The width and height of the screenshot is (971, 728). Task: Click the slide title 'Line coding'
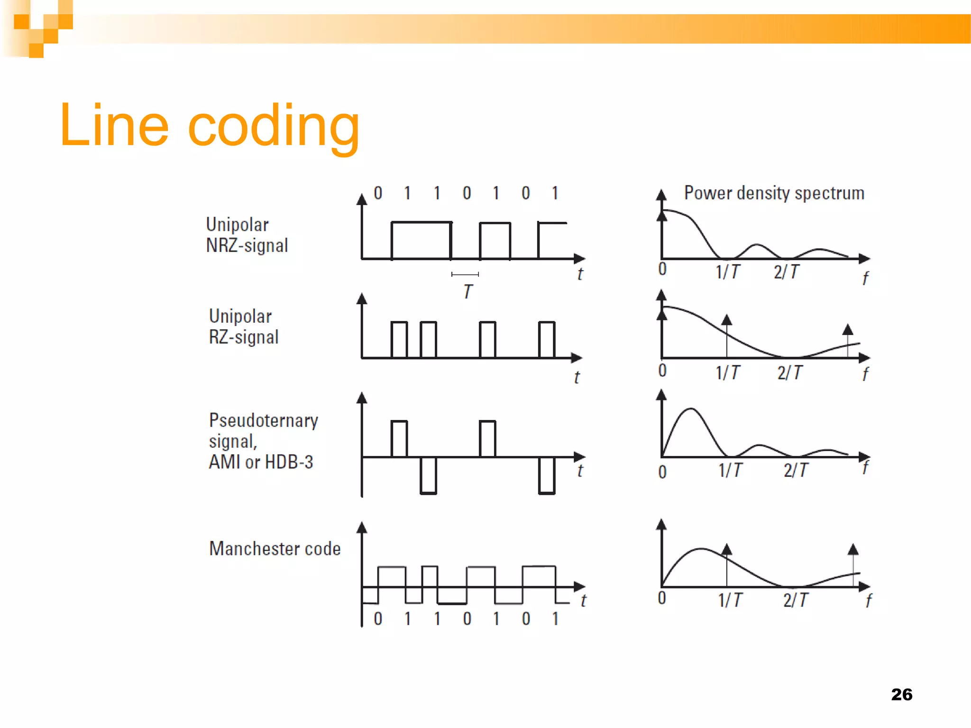pyautogui.click(x=209, y=126)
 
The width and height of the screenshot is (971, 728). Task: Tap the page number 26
pyautogui.click(x=901, y=694)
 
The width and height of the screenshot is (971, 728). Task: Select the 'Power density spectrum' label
pyautogui.click(x=774, y=193)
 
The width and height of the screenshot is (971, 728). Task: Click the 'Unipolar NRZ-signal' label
pyautogui.click(x=247, y=235)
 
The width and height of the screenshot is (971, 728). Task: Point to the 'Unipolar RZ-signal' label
pyautogui.click(x=244, y=327)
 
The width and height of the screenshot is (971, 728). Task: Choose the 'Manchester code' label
pyautogui.click(x=275, y=548)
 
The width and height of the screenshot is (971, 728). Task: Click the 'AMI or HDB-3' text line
pyautogui.click(x=261, y=462)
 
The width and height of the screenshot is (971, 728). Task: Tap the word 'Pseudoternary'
pyautogui.click(x=264, y=420)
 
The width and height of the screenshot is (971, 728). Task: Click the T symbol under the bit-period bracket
pyautogui.click(x=468, y=291)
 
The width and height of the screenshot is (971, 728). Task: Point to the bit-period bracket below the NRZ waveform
pyautogui.click(x=465, y=274)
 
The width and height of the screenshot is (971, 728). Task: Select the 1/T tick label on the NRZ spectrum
pyautogui.click(x=727, y=272)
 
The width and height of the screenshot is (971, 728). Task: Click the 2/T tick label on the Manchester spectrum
pyautogui.click(x=796, y=600)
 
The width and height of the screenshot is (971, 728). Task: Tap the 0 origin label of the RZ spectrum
pyautogui.click(x=662, y=370)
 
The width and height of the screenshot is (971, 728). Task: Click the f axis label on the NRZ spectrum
pyautogui.click(x=865, y=278)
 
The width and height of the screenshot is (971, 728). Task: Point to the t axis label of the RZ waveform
pyautogui.click(x=577, y=377)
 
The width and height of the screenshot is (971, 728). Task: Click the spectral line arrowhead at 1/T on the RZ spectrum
pyautogui.click(x=726, y=320)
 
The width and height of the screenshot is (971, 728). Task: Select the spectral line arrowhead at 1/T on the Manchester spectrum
pyautogui.click(x=726, y=549)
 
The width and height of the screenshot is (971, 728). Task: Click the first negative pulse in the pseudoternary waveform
pyautogui.click(x=428, y=475)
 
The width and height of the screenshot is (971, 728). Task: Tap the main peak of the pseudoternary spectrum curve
pyautogui.click(x=691, y=409)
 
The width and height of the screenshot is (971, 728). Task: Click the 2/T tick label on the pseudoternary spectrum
pyautogui.click(x=796, y=470)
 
